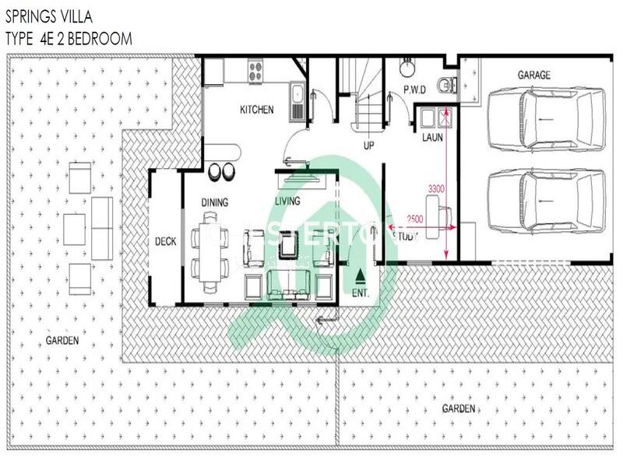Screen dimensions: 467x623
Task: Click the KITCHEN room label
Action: pyautogui.click(x=256, y=110)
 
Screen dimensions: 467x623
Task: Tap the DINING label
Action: pyautogui.click(x=215, y=203)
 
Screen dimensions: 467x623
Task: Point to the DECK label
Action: pyautogui.click(x=165, y=241)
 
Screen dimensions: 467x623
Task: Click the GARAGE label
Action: pyautogui.click(x=534, y=75)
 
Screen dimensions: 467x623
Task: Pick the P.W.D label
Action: pyautogui.click(x=415, y=90)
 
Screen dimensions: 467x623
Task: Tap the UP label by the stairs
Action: pyautogui.click(x=369, y=145)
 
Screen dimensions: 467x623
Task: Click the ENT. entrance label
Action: pyautogui.click(x=360, y=293)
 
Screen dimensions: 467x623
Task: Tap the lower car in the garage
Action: pyautogui.click(x=546, y=200)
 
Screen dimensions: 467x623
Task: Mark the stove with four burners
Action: pyautogui.click(x=255, y=72)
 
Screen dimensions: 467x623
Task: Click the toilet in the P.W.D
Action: pyautogui.click(x=444, y=85)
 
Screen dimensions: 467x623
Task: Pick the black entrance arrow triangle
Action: pyautogui.click(x=360, y=276)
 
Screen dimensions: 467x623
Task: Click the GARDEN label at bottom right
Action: pyautogui.click(x=459, y=408)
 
